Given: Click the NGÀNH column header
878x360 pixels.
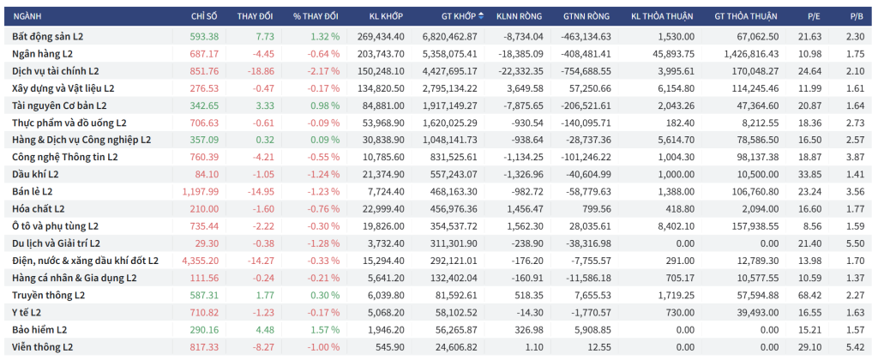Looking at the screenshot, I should point(28,16).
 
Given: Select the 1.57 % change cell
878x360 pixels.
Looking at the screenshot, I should point(322,329).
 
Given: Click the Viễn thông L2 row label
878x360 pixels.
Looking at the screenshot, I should point(43,346).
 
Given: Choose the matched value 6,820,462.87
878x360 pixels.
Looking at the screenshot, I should point(455,37).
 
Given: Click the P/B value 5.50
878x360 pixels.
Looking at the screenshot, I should point(854,243).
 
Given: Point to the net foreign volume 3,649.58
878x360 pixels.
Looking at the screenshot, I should point(526,88).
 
